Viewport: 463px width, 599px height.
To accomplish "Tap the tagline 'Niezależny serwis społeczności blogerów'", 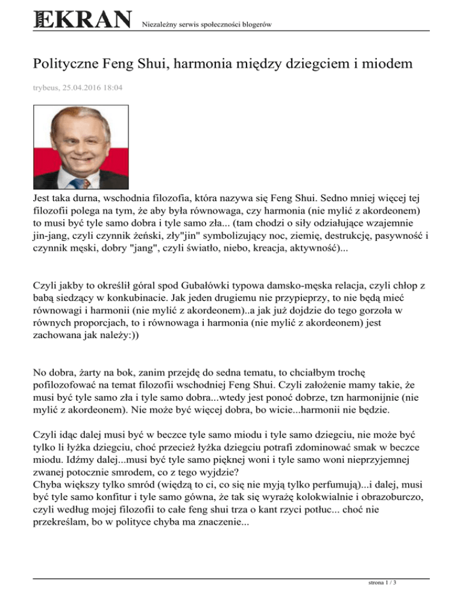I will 205,24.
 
